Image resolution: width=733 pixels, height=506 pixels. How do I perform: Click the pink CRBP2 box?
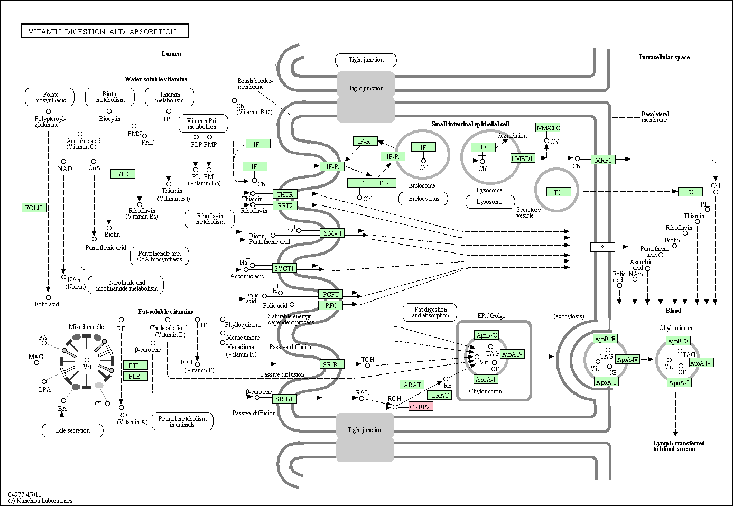pos(421,407)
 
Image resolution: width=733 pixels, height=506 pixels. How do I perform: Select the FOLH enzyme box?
pos(34,208)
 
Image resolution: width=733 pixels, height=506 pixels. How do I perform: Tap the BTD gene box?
pos(123,174)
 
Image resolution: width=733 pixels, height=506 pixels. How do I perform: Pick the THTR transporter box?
pos(285,194)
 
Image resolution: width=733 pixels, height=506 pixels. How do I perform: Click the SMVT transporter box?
pos(332,233)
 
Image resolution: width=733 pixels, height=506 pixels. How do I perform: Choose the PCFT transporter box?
pos(331,294)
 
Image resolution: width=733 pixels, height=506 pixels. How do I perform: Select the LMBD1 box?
pos(522,158)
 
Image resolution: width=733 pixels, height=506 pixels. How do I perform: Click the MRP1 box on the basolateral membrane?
pos(603,160)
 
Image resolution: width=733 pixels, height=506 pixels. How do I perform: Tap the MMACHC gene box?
pos(548,128)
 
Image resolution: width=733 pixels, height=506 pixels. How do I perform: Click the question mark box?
pos(603,247)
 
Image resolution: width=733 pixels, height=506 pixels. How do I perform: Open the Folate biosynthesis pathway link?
pos(50,97)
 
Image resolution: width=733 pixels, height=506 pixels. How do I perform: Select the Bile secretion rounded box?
pos(72,430)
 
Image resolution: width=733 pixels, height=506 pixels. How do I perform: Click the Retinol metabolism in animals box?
pos(182,421)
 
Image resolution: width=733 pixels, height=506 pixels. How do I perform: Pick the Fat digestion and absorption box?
pos(430,312)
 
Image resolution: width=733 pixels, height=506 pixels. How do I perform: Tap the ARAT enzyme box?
pos(412,385)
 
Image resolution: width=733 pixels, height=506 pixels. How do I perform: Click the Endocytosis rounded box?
pos(424,199)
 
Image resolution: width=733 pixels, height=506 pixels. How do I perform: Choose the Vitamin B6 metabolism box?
pos(203,123)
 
